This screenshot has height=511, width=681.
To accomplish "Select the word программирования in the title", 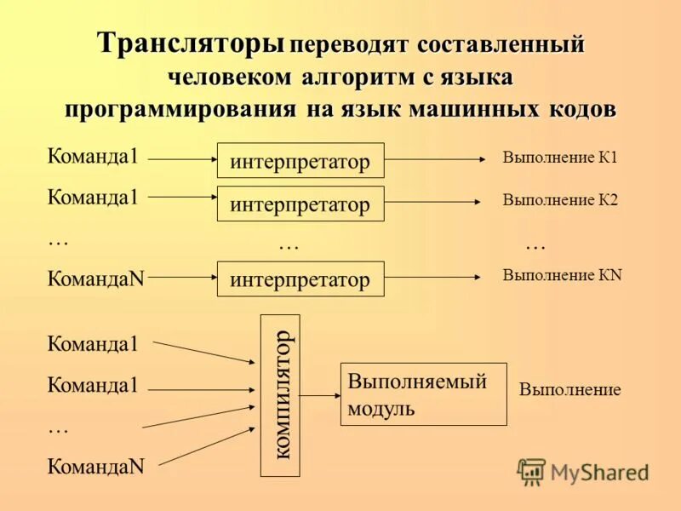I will coord(180,110).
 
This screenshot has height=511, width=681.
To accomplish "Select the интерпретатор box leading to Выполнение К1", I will coord(300,161).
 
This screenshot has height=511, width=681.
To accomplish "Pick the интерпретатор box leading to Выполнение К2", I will coord(300,204).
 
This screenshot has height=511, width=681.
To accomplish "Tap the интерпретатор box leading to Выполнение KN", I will coord(300,278).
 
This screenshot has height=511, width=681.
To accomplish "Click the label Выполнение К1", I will coord(559,158).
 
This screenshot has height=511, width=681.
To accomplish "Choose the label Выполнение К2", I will coord(559,200).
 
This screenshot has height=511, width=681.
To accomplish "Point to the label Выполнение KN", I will coord(562,274).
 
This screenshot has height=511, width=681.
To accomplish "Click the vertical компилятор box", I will coord(279,395).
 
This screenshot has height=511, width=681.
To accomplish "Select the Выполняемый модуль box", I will coord(423,394).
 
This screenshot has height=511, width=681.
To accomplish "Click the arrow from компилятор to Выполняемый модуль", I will coord(319,395).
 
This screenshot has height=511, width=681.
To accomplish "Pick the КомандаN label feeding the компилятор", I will coord(95,466).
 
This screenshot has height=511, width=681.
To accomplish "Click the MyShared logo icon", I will coord(531,471).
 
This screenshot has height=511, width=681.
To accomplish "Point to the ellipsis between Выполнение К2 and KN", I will coord(535,244).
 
